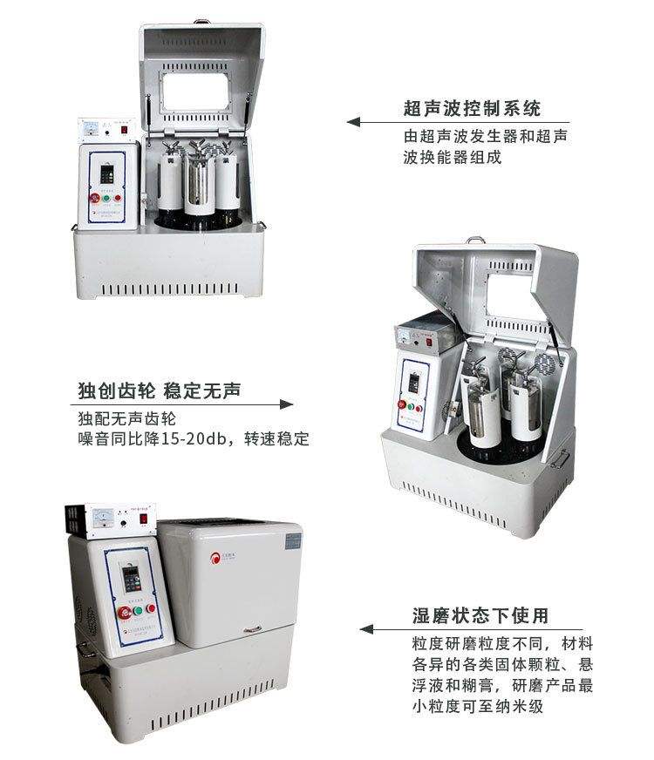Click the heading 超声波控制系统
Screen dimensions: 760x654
tap(472, 109)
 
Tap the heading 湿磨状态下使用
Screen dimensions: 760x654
tap(480, 615)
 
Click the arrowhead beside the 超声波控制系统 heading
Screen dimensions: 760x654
tap(353, 122)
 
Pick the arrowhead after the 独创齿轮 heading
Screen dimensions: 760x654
tap(285, 404)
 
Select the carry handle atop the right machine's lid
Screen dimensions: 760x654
tap(474, 240)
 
